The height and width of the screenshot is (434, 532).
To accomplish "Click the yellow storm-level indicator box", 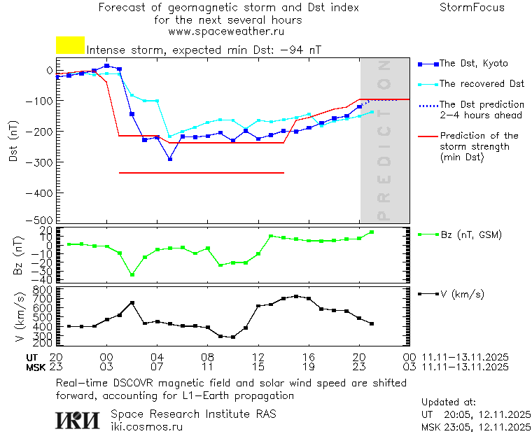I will pyautogui.click(x=70, y=45).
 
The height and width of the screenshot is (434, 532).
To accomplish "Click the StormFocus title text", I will pyautogui.click(x=472, y=8).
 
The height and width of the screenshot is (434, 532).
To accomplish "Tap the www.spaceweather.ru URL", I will pyautogui.click(x=225, y=31).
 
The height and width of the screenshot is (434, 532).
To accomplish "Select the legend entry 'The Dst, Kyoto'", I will pyautogui.click(x=474, y=64).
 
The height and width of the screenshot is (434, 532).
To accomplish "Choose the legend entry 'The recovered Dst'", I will pyautogui.click(x=482, y=84).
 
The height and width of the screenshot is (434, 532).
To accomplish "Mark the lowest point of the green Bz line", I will pyautogui.click(x=132, y=275).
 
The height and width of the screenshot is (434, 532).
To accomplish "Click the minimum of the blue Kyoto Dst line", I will pyautogui.click(x=169, y=159).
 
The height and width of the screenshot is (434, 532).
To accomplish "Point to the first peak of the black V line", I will pyautogui.click(x=132, y=303).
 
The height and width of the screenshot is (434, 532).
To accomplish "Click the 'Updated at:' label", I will pyautogui.click(x=449, y=402).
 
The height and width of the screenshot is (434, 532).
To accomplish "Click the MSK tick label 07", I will pyautogui.click(x=157, y=366).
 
